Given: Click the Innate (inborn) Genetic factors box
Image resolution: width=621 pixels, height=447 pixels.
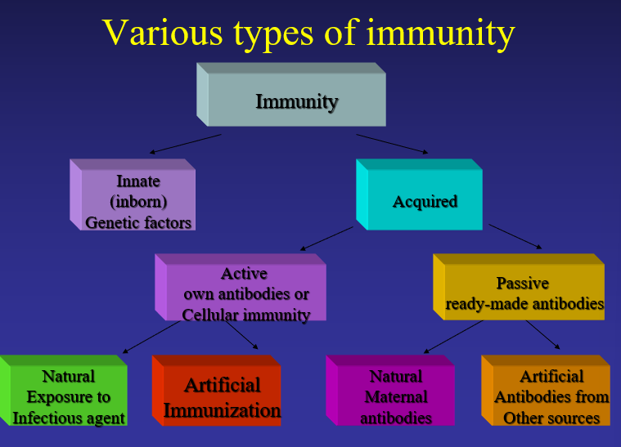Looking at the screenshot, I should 138,200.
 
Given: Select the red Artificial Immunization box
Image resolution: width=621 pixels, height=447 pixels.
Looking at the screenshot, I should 222,397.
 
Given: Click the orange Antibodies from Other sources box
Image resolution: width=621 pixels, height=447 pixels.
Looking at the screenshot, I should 551,397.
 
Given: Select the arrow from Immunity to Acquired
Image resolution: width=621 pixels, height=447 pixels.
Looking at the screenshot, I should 392,143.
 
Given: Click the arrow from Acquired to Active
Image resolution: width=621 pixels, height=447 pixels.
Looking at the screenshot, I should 326,239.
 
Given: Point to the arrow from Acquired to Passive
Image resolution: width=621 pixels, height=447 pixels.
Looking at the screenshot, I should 515,235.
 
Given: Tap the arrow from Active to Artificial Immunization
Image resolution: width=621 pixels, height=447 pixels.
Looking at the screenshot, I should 241,335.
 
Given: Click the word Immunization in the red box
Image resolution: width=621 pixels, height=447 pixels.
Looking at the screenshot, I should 222,409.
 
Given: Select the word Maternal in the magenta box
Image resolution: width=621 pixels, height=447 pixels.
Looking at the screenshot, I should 396,397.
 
